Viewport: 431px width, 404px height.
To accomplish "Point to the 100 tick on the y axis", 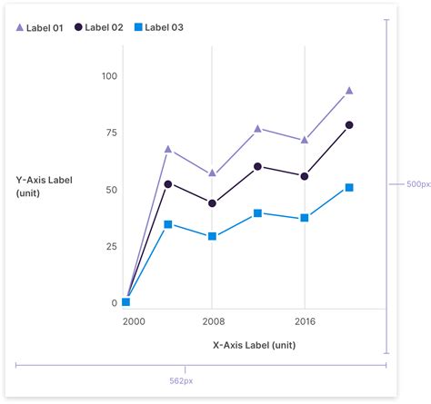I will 108,76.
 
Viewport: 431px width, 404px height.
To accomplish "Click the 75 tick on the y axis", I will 110,133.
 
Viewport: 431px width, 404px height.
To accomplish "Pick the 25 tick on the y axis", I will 110,247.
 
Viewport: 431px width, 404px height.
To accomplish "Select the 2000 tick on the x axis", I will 133,321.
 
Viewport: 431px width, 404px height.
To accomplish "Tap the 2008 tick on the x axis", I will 212,321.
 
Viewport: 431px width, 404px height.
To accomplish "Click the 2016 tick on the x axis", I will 305,321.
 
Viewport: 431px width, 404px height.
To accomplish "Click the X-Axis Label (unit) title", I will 254,345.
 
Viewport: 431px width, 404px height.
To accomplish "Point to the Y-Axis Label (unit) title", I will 44,186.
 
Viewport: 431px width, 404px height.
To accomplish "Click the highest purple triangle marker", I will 349,91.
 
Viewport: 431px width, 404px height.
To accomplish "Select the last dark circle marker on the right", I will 349,125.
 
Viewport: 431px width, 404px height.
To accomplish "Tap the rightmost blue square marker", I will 349,188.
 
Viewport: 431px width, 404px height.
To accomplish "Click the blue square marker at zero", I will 126,302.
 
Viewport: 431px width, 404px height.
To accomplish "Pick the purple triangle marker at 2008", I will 212,172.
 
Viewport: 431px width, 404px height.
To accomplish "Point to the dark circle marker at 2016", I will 305,176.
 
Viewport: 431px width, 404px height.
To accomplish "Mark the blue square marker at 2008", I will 212,236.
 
